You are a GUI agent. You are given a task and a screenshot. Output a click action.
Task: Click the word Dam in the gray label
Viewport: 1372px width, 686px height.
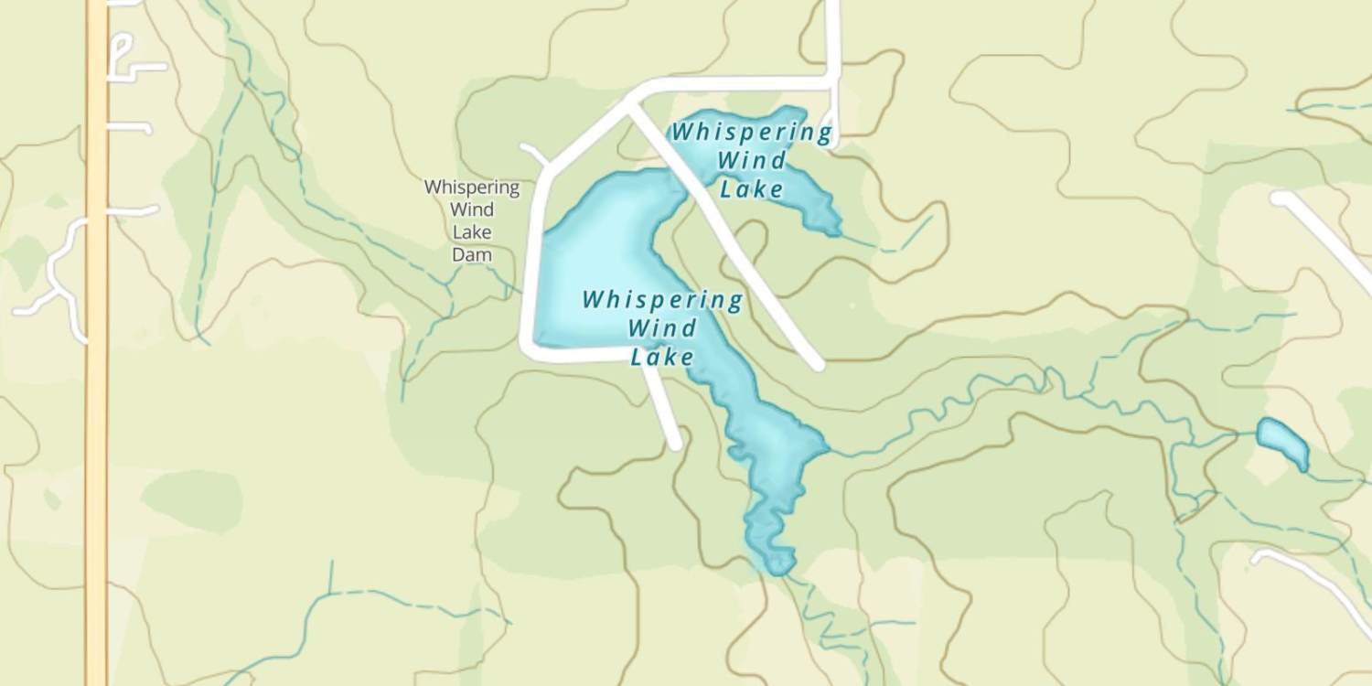tap(472, 255)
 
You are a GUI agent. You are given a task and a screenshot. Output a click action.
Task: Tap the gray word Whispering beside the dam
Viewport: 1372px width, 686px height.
tap(472, 188)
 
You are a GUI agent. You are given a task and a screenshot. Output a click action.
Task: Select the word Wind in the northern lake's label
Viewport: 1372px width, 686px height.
tap(751, 161)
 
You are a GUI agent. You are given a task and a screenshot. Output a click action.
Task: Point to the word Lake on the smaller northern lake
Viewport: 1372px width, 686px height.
tap(752, 190)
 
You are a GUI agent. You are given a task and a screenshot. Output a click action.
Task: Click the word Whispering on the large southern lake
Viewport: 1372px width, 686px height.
tap(662, 300)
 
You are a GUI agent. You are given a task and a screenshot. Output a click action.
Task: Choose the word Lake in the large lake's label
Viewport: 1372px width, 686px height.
tap(662, 357)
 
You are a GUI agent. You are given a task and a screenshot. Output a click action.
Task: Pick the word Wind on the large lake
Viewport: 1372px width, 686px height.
tap(664, 327)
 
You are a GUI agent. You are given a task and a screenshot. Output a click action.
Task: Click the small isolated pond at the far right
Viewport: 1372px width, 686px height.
tap(1282, 441)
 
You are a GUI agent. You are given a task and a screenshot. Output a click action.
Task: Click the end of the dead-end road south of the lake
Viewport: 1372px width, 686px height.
tap(676, 445)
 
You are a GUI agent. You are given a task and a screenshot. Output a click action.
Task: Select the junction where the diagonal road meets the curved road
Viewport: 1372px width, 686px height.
tap(630, 107)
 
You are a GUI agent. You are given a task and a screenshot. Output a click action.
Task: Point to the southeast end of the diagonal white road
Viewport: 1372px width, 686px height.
tap(817, 364)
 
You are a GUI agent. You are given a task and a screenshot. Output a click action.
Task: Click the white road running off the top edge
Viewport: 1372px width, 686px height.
tap(832, 27)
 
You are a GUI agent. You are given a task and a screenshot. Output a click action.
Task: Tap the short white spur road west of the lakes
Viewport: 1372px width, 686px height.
tap(534, 153)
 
